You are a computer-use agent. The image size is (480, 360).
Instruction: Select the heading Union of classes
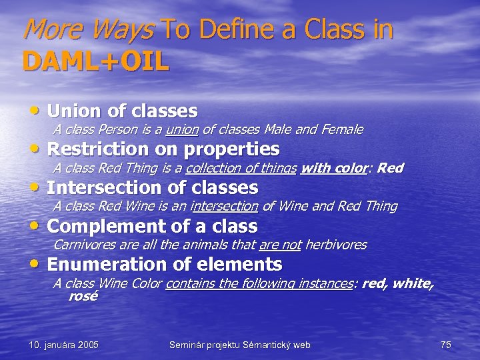coord(123,110)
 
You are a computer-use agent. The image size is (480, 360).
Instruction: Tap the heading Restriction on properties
coord(163,148)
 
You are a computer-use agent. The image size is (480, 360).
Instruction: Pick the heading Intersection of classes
coord(153,187)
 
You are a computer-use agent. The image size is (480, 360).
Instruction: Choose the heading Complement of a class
coord(153,225)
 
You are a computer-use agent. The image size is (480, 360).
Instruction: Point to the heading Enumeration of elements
coord(165,264)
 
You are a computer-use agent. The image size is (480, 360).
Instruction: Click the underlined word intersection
coord(224,206)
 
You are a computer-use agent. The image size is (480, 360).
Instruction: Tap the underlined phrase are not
coord(280,245)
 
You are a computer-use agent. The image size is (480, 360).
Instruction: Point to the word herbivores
coord(336,245)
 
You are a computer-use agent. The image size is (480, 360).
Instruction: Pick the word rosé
coord(83,297)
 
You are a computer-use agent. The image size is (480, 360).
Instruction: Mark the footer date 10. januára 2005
coord(64,345)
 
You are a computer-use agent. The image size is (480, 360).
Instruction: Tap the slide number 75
coord(446,345)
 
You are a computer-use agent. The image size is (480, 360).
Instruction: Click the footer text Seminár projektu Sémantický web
coord(240,345)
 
